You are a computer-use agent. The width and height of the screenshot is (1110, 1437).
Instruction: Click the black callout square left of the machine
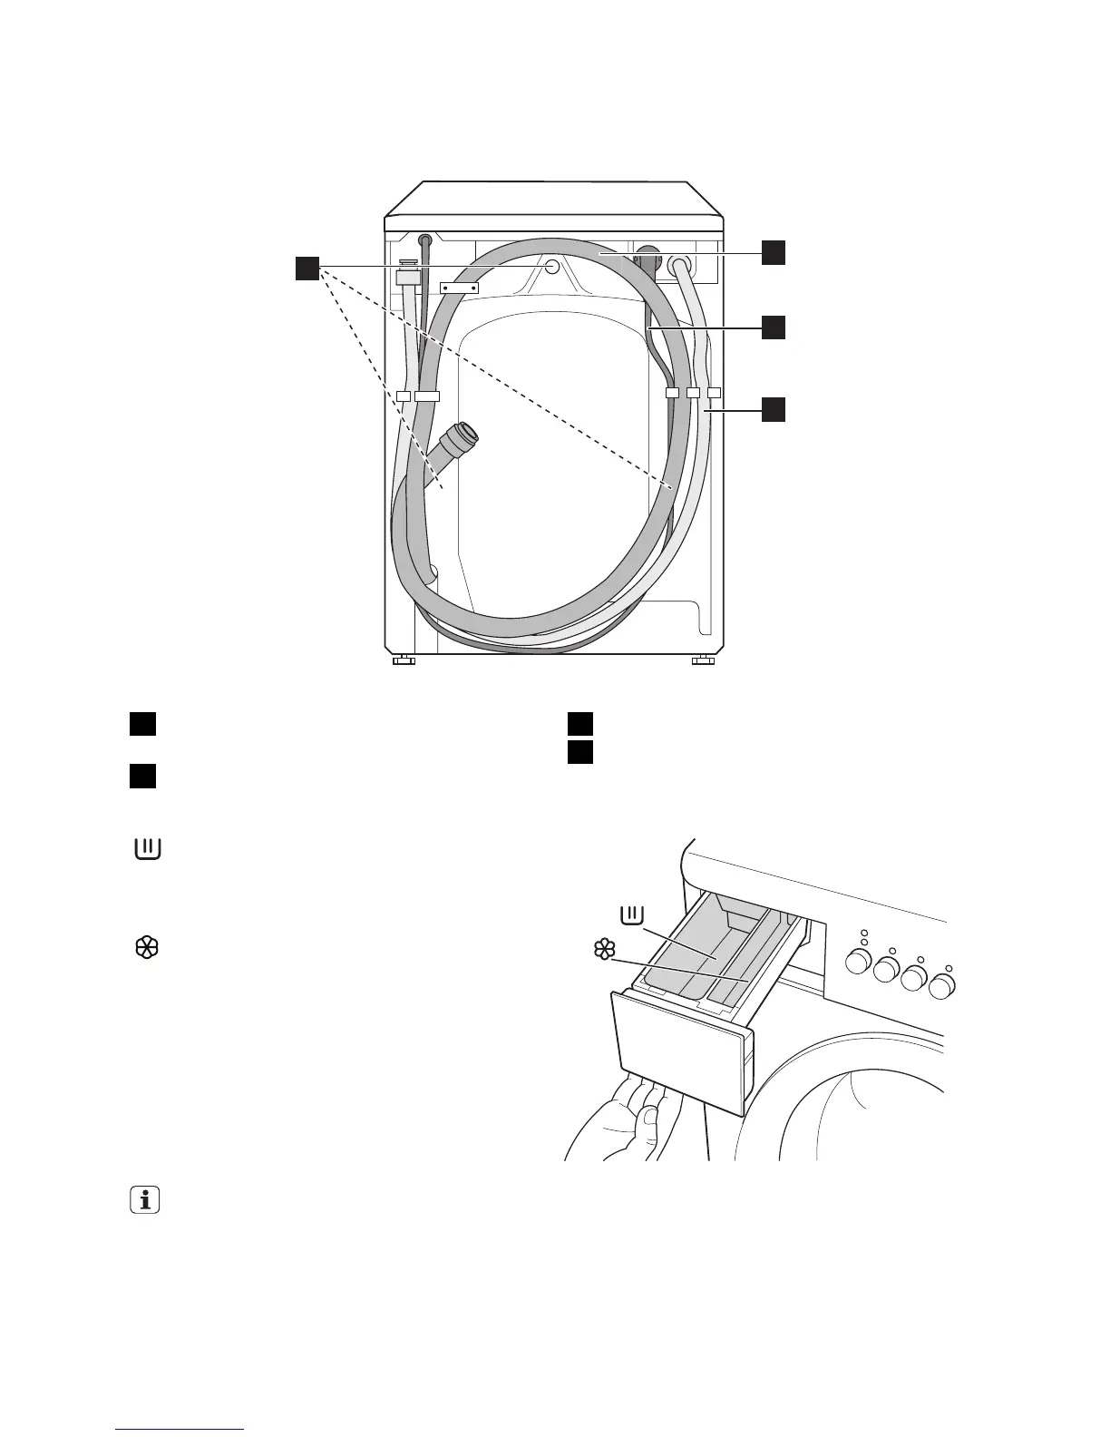[x=307, y=269]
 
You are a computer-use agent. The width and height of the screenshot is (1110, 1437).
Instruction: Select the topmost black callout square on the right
[x=773, y=253]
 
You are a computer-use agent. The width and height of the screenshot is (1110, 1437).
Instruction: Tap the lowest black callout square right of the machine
[x=773, y=409]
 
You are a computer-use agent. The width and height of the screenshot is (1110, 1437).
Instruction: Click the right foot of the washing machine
[x=703, y=660]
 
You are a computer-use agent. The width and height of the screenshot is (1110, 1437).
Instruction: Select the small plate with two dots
[x=459, y=288]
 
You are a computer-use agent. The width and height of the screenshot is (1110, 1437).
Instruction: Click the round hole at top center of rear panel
[x=550, y=266]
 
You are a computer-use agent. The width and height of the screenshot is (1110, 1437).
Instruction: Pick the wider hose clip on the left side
[x=426, y=396]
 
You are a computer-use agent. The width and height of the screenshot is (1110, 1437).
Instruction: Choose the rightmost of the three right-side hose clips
[x=714, y=393]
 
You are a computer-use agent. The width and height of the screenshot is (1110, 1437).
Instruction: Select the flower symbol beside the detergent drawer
[x=603, y=950]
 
